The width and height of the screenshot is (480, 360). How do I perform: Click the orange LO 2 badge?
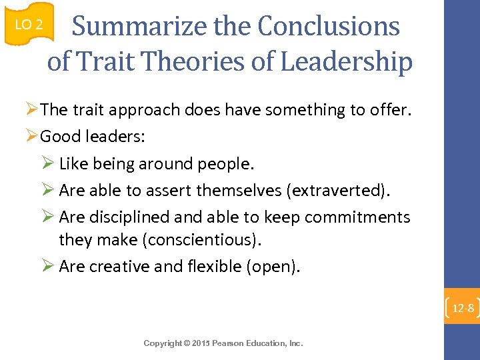point(29,25)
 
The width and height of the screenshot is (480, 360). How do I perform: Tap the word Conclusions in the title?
point(329,27)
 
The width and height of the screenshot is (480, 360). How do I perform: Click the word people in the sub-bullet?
point(229,163)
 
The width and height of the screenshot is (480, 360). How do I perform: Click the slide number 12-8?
point(462,308)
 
